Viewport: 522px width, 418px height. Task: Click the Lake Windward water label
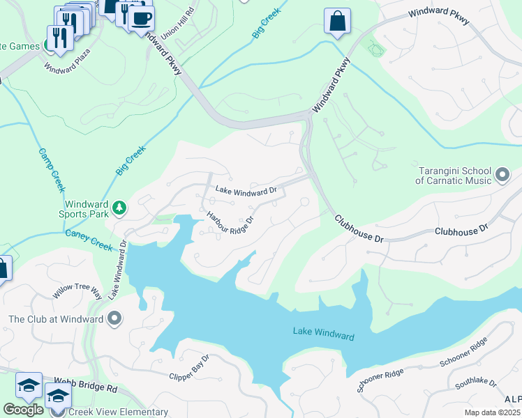(323, 335)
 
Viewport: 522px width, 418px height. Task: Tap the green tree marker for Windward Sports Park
(119, 207)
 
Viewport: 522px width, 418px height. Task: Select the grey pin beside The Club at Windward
(115, 319)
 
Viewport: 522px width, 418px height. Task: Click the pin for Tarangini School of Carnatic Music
(502, 174)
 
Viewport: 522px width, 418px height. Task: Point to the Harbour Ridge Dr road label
(229, 224)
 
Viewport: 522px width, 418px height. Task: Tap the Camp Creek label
(51, 169)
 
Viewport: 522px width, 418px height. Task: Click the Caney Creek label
(89, 241)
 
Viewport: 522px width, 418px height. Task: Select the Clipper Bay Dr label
(189, 370)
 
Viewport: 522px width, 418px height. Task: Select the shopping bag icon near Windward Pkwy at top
(338, 22)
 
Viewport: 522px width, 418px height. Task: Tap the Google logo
(23, 410)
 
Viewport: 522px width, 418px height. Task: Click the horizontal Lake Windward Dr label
(246, 189)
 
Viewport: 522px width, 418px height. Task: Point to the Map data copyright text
(492, 412)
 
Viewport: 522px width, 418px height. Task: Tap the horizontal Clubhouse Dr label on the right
(463, 230)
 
